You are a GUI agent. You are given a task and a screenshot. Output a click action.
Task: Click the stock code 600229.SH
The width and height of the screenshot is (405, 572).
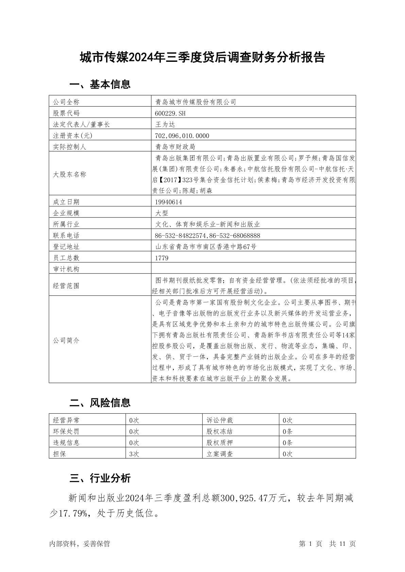coord(170,113)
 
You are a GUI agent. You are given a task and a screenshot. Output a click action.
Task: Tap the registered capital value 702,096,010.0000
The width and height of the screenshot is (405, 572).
coord(182,136)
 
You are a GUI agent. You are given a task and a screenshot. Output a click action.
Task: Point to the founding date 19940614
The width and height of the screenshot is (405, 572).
coord(168,202)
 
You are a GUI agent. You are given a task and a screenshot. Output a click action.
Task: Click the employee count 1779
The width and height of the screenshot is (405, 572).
coord(162,258)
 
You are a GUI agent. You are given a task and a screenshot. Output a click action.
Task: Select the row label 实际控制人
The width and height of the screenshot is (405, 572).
coord(70,147)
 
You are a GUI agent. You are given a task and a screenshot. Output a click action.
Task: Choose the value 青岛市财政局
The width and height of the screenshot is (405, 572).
coord(175,147)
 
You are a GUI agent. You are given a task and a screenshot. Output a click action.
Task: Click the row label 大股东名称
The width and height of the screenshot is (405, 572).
coord(70,175)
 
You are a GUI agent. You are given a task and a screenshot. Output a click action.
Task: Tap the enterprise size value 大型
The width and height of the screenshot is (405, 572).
coord(162,213)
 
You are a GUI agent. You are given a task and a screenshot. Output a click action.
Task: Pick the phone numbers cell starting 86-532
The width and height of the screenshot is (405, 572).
coord(207,236)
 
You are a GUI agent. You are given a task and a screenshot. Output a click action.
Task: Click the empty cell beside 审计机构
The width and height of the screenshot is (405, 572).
coord(253,269)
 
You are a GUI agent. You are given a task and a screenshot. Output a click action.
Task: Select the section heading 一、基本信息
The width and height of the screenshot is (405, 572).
coord(100,84)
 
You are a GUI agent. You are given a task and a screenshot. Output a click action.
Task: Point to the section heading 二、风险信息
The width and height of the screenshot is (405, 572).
coord(100,403)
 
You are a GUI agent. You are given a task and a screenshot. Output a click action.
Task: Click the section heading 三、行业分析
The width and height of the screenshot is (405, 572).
coord(100,478)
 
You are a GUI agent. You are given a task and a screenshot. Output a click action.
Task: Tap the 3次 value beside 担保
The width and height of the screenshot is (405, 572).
coord(134,454)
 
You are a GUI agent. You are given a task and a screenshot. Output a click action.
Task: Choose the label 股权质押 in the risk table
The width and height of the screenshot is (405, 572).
coord(220,443)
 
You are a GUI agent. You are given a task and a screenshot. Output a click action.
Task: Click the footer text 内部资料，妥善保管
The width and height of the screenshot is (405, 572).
coord(80,544)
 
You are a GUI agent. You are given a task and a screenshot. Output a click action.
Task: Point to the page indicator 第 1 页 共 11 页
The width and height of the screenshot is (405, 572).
coord(327,544)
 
